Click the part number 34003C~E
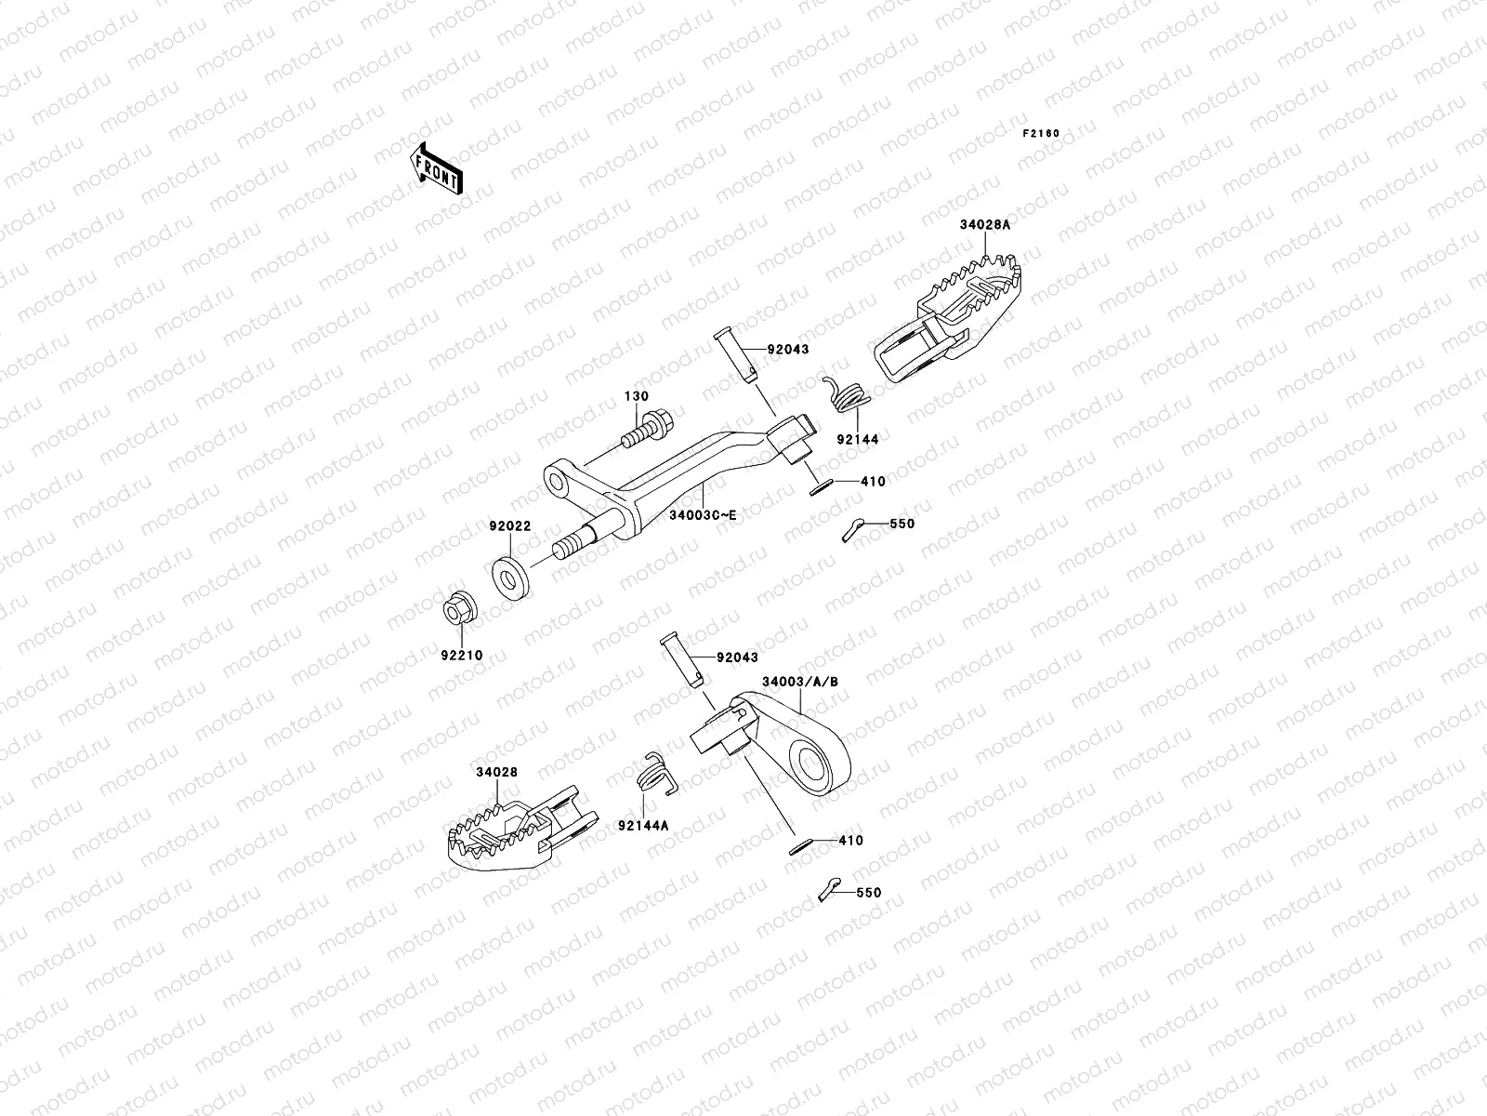tap(703, 514)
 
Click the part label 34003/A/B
tap(800, 682)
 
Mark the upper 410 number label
tap(873, 482)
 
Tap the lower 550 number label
tap(868, 892)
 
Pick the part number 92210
tap(462, 655)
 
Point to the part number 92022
tap(510, 525)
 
